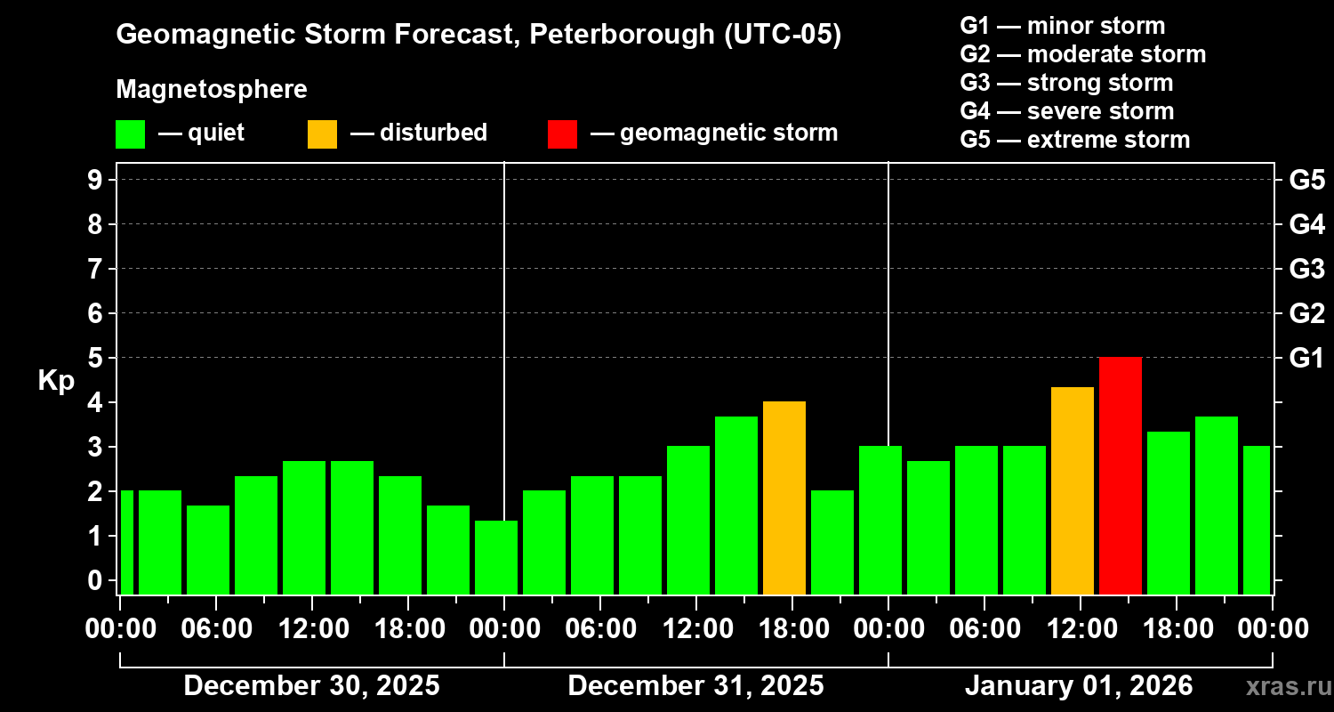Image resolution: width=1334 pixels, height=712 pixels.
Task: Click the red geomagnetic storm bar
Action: (x=1121, y=475)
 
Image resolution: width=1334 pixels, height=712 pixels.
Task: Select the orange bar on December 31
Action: (x=784, y=498)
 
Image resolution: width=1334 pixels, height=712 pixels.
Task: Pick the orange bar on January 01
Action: (x=1073, y=490)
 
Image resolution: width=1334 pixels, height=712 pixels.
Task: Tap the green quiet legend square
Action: (x=130, y=133)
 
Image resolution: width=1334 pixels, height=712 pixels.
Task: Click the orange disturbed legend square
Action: (x=322, y=133)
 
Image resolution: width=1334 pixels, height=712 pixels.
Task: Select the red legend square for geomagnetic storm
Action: (x=562, y=133)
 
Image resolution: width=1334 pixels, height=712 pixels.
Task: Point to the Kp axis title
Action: (x=56, y=380)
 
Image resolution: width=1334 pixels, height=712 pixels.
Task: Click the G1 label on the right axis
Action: (x=1306, y=358)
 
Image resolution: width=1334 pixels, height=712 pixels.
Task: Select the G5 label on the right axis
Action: (x=1306, y=180)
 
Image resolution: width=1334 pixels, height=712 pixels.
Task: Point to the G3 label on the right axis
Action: (x=1306, y=269)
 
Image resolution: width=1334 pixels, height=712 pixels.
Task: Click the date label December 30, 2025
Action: (x=311, y=686)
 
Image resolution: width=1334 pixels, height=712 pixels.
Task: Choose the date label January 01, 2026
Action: (x=1079, y=686)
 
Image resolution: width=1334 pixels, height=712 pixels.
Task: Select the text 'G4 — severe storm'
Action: (x=1067, y=111)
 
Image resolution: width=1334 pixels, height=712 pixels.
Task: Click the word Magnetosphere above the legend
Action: (x=212, y=90)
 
